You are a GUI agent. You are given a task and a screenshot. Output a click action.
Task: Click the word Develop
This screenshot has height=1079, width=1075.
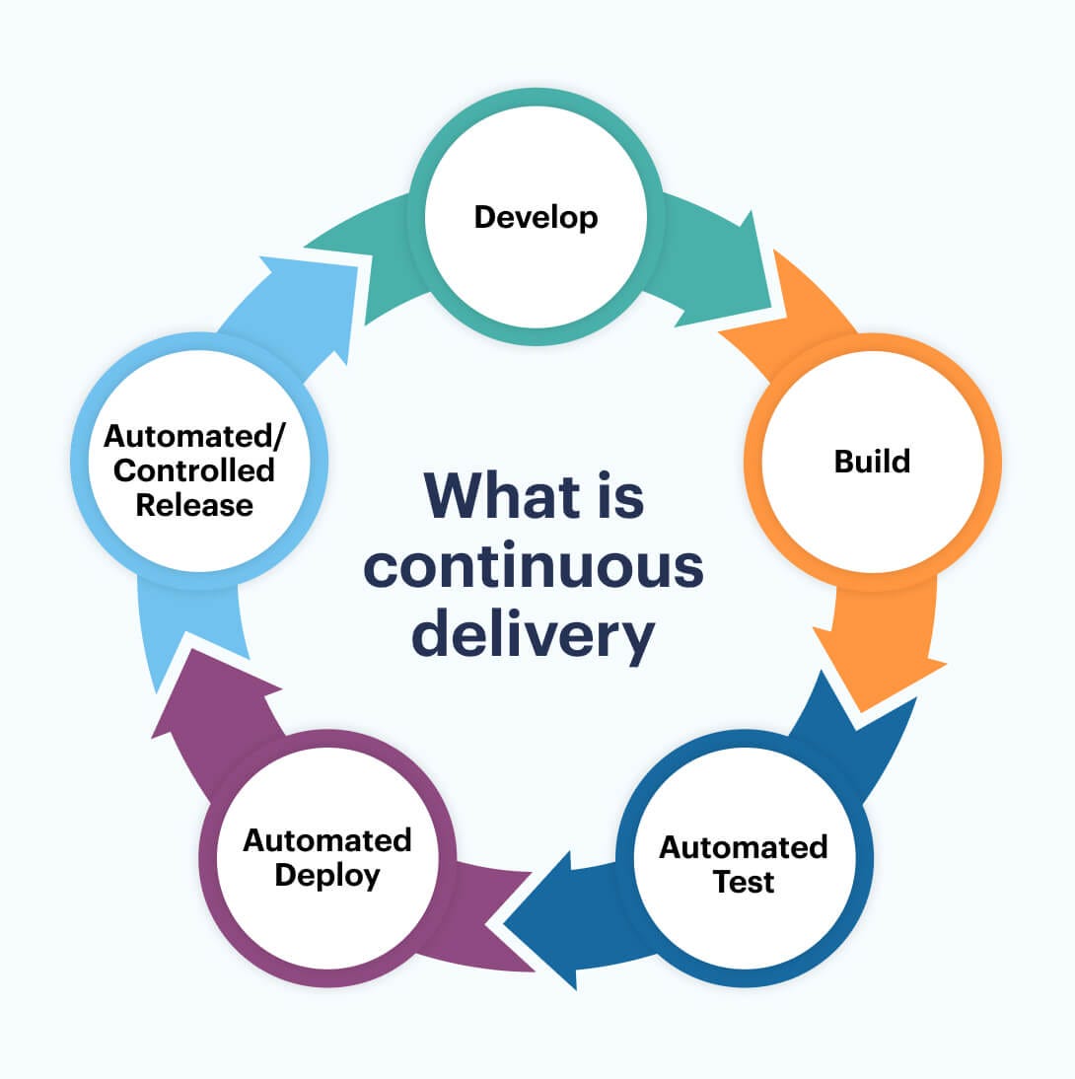click(536, 216)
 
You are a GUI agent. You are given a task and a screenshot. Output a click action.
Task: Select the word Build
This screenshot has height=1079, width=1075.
click(872, 461)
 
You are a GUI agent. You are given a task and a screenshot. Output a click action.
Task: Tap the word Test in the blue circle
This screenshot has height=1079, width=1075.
click(744, 882)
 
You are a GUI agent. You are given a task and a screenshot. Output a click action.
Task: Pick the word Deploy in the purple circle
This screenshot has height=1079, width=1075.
click(327, 875)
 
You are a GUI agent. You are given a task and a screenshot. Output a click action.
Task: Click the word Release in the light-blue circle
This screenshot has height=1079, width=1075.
click(194, 505)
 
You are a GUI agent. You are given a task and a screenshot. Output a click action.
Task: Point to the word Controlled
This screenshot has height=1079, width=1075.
click(194, 470)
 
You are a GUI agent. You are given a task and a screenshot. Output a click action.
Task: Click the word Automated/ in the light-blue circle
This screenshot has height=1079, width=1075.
click(194, 435)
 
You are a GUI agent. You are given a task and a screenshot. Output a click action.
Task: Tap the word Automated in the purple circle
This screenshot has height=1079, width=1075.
click(327, 840)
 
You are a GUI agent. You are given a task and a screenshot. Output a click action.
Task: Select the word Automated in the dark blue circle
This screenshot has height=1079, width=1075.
click(744, 847)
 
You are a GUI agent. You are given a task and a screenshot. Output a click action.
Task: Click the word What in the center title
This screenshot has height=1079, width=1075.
click(489, 495)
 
